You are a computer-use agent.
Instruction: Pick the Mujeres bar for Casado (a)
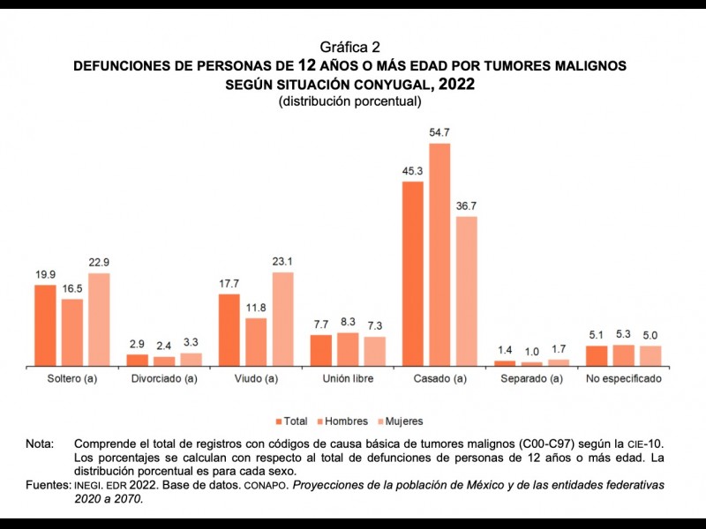pos(466,290)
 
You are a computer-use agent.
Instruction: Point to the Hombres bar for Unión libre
pos(348,348)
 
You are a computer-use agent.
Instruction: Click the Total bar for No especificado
pos(597,355)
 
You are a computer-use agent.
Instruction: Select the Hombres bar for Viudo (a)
pos(256,341)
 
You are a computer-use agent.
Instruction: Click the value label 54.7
pos(439,132)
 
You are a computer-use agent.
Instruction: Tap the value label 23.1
pos(282,262)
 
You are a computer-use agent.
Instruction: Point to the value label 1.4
pos(504,350)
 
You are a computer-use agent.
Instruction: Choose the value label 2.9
pos(138,344)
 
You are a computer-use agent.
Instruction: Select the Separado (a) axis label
pos(530,379)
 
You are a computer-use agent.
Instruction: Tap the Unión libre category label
pos(347,379)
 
